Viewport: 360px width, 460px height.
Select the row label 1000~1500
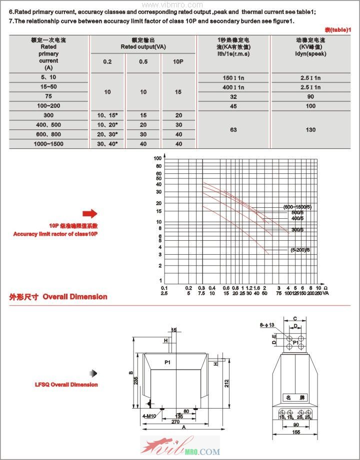click(x=48, y=144)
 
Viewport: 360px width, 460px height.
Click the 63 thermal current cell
click(x=233, y=130)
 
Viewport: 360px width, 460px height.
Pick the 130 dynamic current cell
click(x=310, y=130)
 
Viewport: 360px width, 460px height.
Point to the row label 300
click(x=48, y=115)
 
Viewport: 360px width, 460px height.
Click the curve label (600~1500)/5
click(x=297, y=207)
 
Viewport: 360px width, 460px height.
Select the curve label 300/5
click(x=298, y=230)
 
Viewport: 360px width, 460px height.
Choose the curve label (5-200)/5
click(x=300, y=250)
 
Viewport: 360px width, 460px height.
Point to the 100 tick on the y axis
click(x=158, y=158)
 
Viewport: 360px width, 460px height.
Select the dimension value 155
click(x=295, y=433)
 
